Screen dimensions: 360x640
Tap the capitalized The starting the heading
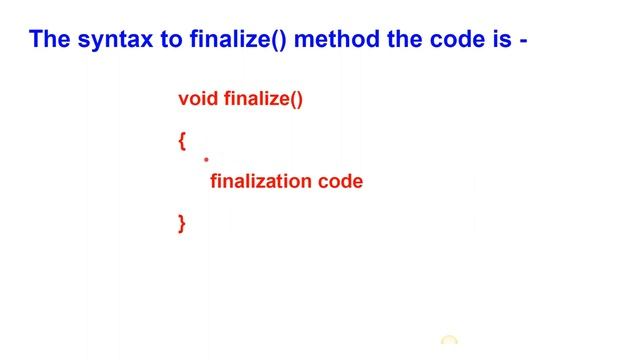tap(49, 40)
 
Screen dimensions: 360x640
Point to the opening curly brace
tap(182, 141)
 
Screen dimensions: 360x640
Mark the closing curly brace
tap(182, 224)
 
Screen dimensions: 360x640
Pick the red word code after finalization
tap(340, 182)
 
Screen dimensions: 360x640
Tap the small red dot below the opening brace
tap(206, 159)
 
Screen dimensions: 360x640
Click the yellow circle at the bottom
tap(449, 343)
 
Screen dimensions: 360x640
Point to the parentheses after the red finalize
tap(295, 99)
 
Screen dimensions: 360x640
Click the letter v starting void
tap(183, 100)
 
